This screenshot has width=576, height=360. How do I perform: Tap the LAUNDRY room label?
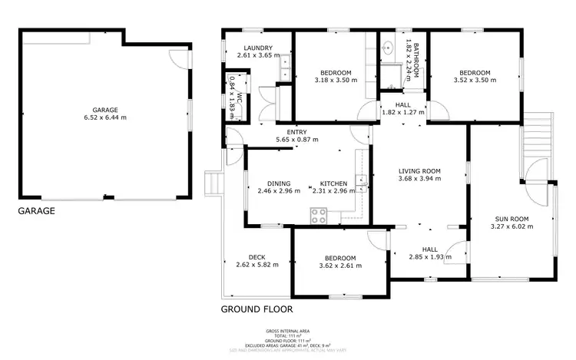point(254,51)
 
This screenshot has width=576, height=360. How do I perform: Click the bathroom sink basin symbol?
point(389,47)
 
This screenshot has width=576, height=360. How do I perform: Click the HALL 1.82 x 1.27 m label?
point(402,109)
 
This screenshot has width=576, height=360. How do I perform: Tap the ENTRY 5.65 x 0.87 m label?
point(296,135)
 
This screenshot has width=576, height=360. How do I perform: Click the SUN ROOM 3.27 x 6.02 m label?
point(511,221)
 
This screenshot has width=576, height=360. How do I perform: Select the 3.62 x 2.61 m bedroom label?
point(339,261)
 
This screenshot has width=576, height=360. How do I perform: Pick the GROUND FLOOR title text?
point(257,310)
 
